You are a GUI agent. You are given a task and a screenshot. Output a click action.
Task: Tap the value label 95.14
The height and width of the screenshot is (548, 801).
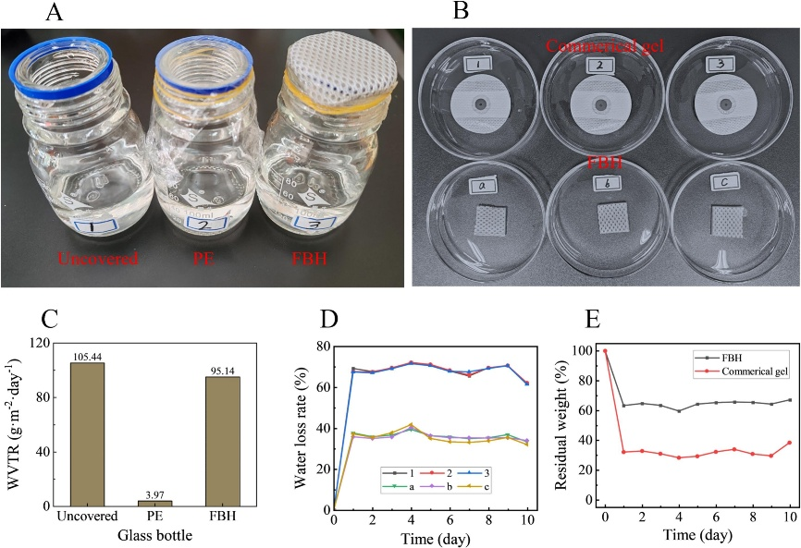(222, 370)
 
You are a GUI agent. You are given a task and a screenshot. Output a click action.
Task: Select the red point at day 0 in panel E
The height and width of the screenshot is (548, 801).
(605, 351)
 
